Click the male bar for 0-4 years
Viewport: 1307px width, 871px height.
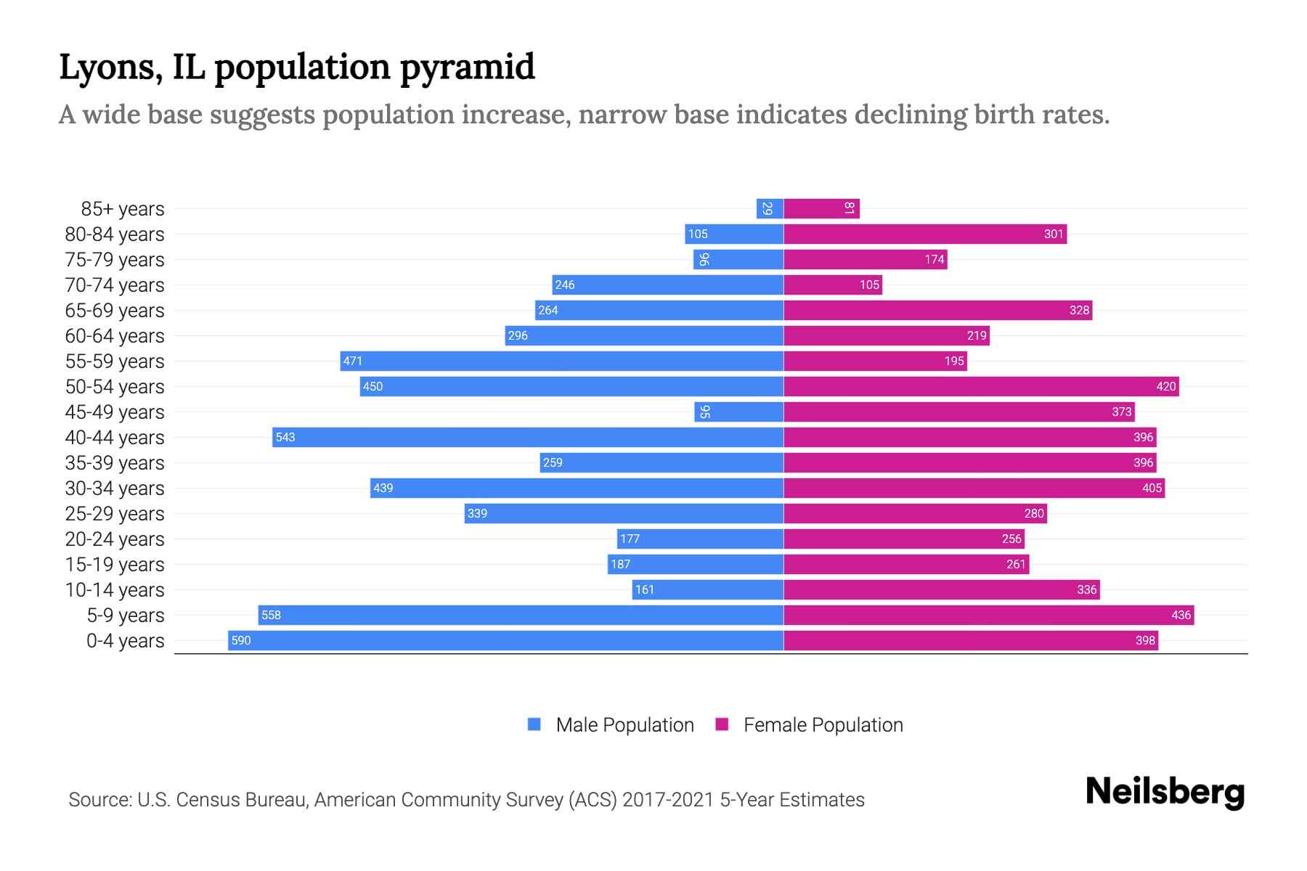pos(506,640)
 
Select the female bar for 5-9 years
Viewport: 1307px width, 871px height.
pos(988,615)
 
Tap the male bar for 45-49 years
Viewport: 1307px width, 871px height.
pos(738,412)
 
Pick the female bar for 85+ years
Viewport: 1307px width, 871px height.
pos(821,208)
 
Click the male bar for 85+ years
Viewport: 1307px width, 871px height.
pos(770,208)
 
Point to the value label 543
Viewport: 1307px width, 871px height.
pos(285,437)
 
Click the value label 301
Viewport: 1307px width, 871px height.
pos(1053,234)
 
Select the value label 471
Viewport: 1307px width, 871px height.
pos(353,361)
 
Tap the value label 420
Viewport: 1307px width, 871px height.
pos(1165,386)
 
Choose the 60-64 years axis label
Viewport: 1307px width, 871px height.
pos(115,336)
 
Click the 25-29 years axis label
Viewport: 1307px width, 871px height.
pos(115,514)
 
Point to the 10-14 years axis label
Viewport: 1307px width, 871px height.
pos(115,590)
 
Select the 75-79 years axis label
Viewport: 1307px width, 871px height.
pos(115,260)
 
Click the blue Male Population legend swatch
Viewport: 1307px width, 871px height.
pos(534,724)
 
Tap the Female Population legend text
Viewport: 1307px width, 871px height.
pos(823,724)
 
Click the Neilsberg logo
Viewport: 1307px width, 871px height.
pos(1165,792)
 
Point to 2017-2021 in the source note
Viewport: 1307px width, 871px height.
pos(668,800)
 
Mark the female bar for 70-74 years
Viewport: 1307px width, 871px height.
pos(833,285)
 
